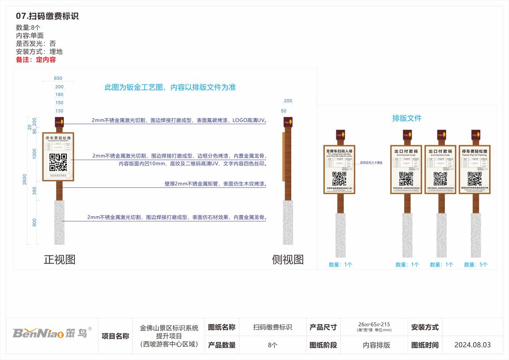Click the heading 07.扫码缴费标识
click(x=47, y=16)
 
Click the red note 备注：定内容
click(x=36, y=60)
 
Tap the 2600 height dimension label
click(x=25, y=179)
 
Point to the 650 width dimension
click(x=58, y=78)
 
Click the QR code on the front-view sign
click(x=58, y=162)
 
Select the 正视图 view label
click(x=59, y=259)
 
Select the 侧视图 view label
click(x=288, y=259)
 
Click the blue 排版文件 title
click(x=407, y=118)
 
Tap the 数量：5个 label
click(x=476, y=265)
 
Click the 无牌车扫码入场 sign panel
click(x=339, y=170)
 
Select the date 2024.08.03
click(x=472, y=345)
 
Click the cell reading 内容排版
click(x=376, y=345)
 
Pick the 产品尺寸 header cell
click(x=323, y=328)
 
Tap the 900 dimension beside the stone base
click(x=35, y=222)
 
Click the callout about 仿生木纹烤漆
click(x=216, y=184)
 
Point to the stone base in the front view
click(x=59, y=222)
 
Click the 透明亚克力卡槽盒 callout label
click(x=371, y=163)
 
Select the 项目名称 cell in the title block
click(x=116, y=336)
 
